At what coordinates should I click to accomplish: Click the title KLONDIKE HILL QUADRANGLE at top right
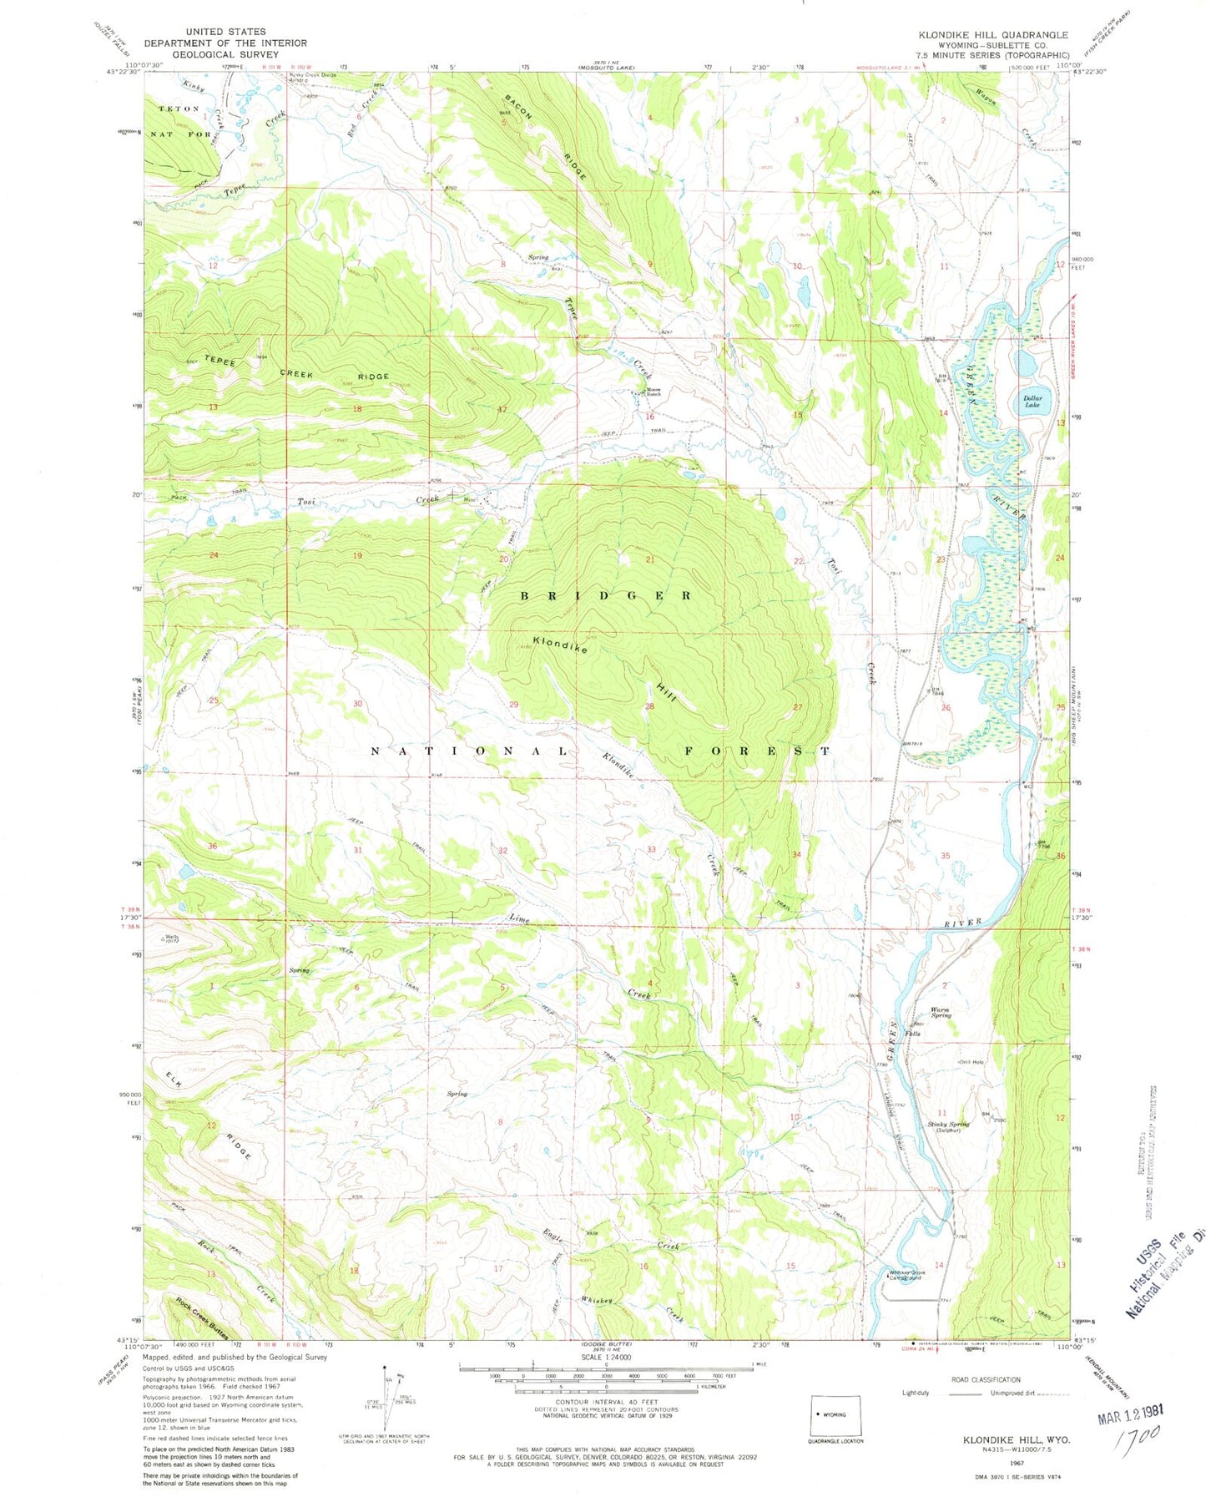pyautogui.click(x=992, y=35)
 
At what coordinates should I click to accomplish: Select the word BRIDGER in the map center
pyautogui.click(x=607, y=595)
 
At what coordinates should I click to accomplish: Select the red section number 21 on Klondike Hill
pyautogui.click(x=648, y=559)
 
